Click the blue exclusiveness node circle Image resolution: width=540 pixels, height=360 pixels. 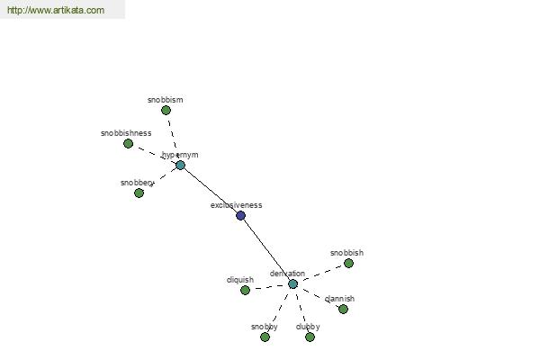click(x=240, y=216)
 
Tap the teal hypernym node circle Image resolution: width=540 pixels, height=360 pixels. click(x=180, y=166)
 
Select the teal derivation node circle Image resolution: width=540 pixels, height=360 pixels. click(x=292, y=284)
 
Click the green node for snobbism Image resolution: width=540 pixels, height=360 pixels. click(x=166, y=111)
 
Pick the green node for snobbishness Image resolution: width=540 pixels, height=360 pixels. click(x=128, y=144)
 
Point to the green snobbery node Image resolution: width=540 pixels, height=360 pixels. click(x=139, y=193)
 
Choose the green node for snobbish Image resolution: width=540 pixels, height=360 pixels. click(x=348, y=264)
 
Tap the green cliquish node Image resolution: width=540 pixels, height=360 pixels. click(x=245, y=291)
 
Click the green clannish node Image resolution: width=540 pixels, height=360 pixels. click(x=343, y=310)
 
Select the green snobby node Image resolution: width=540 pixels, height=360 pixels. click(x=265, y=337)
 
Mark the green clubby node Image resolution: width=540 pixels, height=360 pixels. click(x=310, y=337)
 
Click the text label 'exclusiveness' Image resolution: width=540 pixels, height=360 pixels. click(x=236, y=205)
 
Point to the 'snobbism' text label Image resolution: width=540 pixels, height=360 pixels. click(x=166, y=100)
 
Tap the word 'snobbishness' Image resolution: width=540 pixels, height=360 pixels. click(x=126, y=133)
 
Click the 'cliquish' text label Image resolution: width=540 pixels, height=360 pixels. click(x=240, y=280)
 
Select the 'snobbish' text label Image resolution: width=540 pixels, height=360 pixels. click(x=346, y=253)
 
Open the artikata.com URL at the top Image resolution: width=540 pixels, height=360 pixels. click(x=55, y=11)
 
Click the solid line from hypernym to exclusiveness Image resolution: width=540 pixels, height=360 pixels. click(x=211, y=191)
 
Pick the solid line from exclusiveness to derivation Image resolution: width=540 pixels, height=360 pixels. click(x=266, y=250)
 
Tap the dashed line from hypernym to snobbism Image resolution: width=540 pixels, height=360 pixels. click(x=173, y=138)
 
